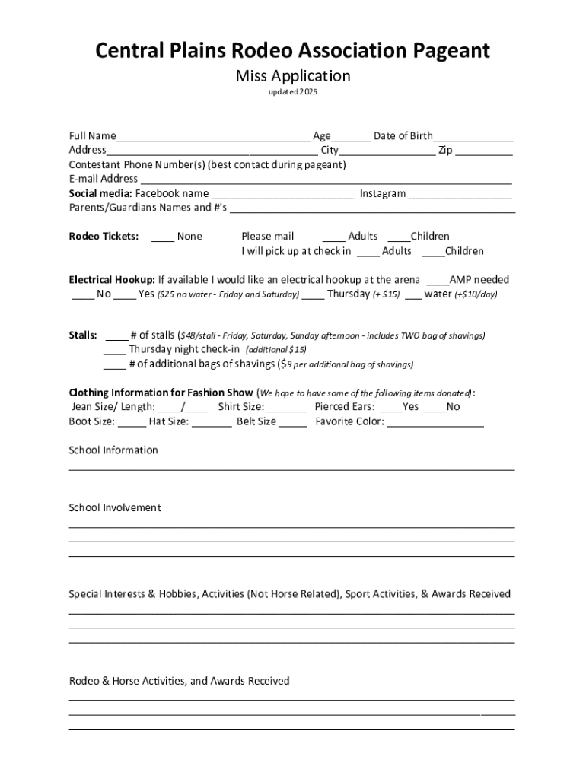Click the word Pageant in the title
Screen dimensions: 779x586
(441, 51)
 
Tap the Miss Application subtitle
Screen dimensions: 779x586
(293, 75)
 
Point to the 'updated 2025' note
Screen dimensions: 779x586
(293, 92)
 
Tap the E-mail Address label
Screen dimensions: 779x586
(104, 179)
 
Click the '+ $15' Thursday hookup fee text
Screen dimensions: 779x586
(386, 294)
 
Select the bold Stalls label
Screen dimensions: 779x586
(83, 335)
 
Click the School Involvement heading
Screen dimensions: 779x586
(115, 507)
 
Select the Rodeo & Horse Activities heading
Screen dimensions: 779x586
(179, 681)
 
